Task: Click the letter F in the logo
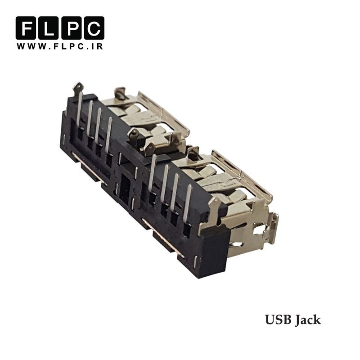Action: (26, 28)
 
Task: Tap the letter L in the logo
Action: (49, 28)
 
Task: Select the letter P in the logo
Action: (71, 28)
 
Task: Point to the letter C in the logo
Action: (94, 28)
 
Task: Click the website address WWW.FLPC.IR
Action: (60, 46)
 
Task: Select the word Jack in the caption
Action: (308, 320)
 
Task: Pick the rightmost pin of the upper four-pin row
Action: (108, 135)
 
